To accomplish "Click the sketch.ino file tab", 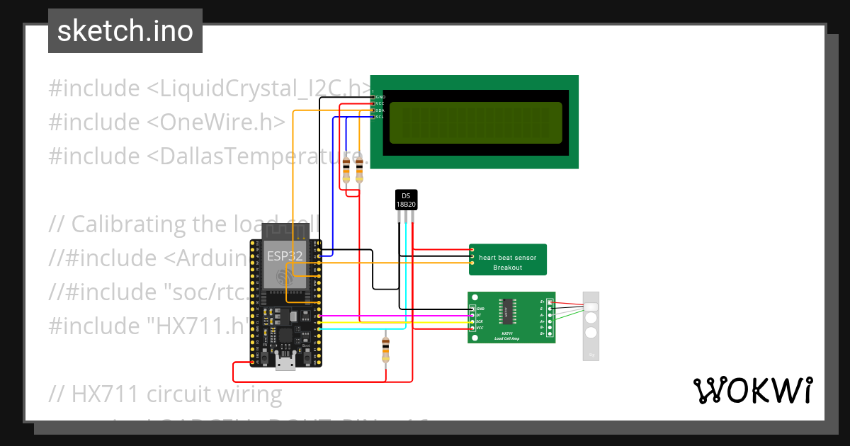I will [x=125, y=31].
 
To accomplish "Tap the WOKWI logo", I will [x=752, y=390].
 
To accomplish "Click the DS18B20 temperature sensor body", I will [x=406, y=200].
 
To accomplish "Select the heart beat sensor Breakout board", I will [x=507, y=260].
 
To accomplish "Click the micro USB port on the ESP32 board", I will [x=286, y=363].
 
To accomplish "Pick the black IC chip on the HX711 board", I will [x=508, y=307].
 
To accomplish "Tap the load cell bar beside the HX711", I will [x=591, y=326].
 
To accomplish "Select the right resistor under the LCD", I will [x=359, y=170].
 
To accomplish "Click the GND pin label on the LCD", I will [x=380, y=96].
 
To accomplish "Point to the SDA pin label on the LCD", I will [x=380, y=110].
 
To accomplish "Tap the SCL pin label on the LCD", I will [x=380, y=117].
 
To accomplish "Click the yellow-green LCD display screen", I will [x=475, y=122].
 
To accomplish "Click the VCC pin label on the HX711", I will [x=480, y=328].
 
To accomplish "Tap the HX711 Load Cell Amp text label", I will [x=507, y=336].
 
